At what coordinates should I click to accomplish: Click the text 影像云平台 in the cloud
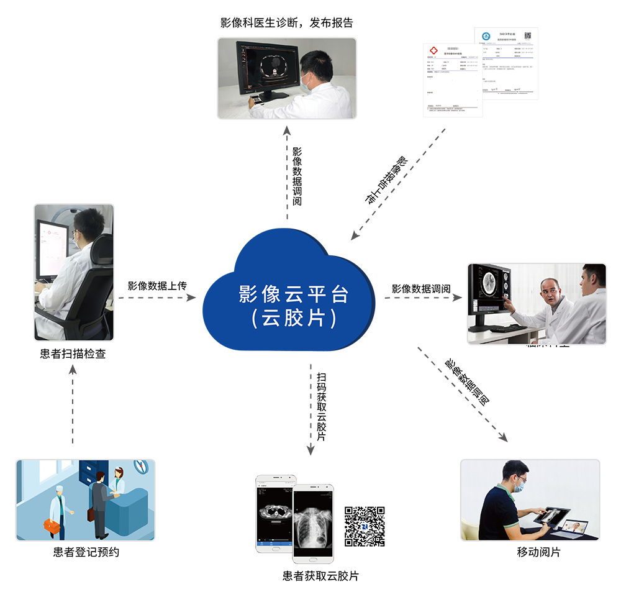294,294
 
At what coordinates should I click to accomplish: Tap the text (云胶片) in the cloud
294,319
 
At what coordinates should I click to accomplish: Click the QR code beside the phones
365,526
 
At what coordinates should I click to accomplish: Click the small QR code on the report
527,35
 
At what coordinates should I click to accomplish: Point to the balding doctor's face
550,292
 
